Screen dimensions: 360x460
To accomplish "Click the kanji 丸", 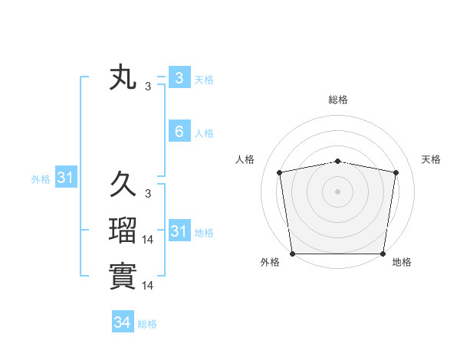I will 123,78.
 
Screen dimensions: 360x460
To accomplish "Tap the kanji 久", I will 123,185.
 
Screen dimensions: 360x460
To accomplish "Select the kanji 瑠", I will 123,231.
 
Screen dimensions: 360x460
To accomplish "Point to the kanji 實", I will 123,276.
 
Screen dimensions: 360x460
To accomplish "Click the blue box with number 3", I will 179,77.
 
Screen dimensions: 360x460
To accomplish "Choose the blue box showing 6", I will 179,132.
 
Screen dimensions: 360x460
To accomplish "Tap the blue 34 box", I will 123,322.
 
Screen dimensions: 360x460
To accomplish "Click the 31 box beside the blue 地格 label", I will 179,231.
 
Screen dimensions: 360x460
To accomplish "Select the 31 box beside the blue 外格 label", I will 66,178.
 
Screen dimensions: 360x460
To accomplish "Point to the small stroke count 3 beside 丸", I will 148,87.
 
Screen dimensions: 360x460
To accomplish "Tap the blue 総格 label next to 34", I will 147,324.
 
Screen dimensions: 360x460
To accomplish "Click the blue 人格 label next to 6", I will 204,133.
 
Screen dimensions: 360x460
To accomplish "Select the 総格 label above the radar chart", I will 338,100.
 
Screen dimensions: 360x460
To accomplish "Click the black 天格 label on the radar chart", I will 432,159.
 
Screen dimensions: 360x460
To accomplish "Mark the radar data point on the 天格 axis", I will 396,172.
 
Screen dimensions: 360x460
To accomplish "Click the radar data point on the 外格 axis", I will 292,254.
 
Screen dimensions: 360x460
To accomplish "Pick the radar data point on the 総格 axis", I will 338,161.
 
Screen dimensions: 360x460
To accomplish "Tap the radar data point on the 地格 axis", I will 383,254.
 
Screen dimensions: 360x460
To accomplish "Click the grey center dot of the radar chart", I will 338,191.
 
